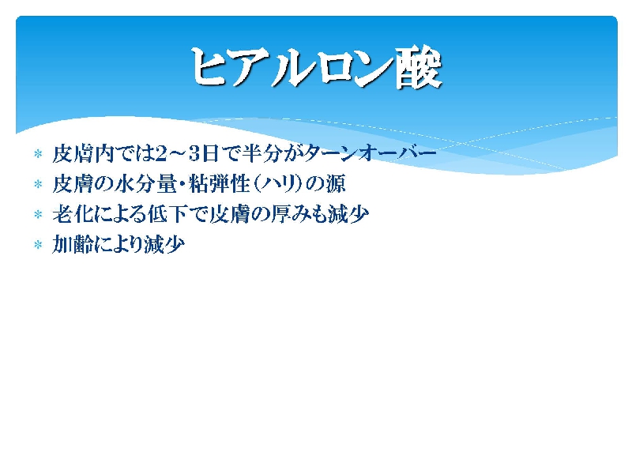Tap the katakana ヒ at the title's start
[x=209, y=67]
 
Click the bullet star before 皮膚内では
[x=38, y=153]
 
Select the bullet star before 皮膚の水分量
[x=38, y=184]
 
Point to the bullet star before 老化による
[x=38, y=214]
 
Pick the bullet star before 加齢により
[x=38, y=244]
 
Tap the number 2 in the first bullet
[x=161, y=154]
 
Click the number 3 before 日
[x=195, y=154]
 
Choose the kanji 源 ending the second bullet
[x=336, y=184]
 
